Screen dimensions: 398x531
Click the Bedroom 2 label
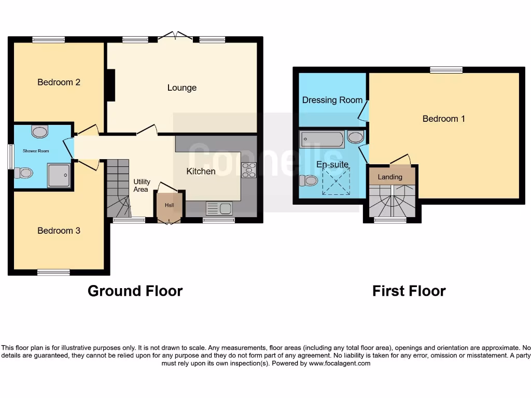[59, 82]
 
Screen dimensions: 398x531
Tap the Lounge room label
[181, 88]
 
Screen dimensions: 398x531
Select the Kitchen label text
[201, 171]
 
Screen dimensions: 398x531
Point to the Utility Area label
[142, 186]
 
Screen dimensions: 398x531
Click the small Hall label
[169, 205]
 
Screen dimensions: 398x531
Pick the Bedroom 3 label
[59, 231]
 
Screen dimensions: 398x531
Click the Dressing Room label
[332, 100]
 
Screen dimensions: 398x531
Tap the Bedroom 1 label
[443, 119]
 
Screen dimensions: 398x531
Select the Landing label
[390, 177]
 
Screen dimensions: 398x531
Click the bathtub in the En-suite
[322, 139]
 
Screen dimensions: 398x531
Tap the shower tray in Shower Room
[58, 175]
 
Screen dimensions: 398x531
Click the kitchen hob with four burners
[249, 170]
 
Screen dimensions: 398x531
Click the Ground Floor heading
[135, 291]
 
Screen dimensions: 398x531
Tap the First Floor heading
[409, 291]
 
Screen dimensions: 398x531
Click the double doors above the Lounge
[174, 36]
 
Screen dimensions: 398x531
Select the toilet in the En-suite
[309, 180]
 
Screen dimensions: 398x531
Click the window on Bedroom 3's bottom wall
[53, 272]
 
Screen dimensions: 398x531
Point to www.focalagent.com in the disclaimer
[340, 363]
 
